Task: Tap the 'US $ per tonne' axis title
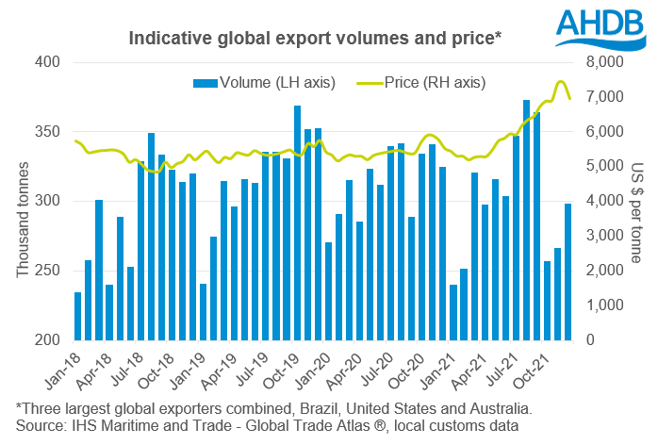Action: point(635,202)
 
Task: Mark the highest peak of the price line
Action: point(560,81)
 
